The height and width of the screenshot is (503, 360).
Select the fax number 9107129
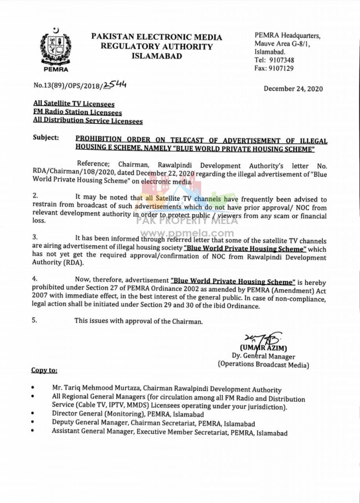click(281, 69)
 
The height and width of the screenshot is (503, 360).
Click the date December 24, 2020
click(293, 89)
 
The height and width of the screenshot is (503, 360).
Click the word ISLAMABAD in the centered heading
click(157, 56)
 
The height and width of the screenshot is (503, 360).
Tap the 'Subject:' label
click(46, 138)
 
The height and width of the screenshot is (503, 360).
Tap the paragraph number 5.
click(34, 321)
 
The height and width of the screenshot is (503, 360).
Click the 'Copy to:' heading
click(44, 370)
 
